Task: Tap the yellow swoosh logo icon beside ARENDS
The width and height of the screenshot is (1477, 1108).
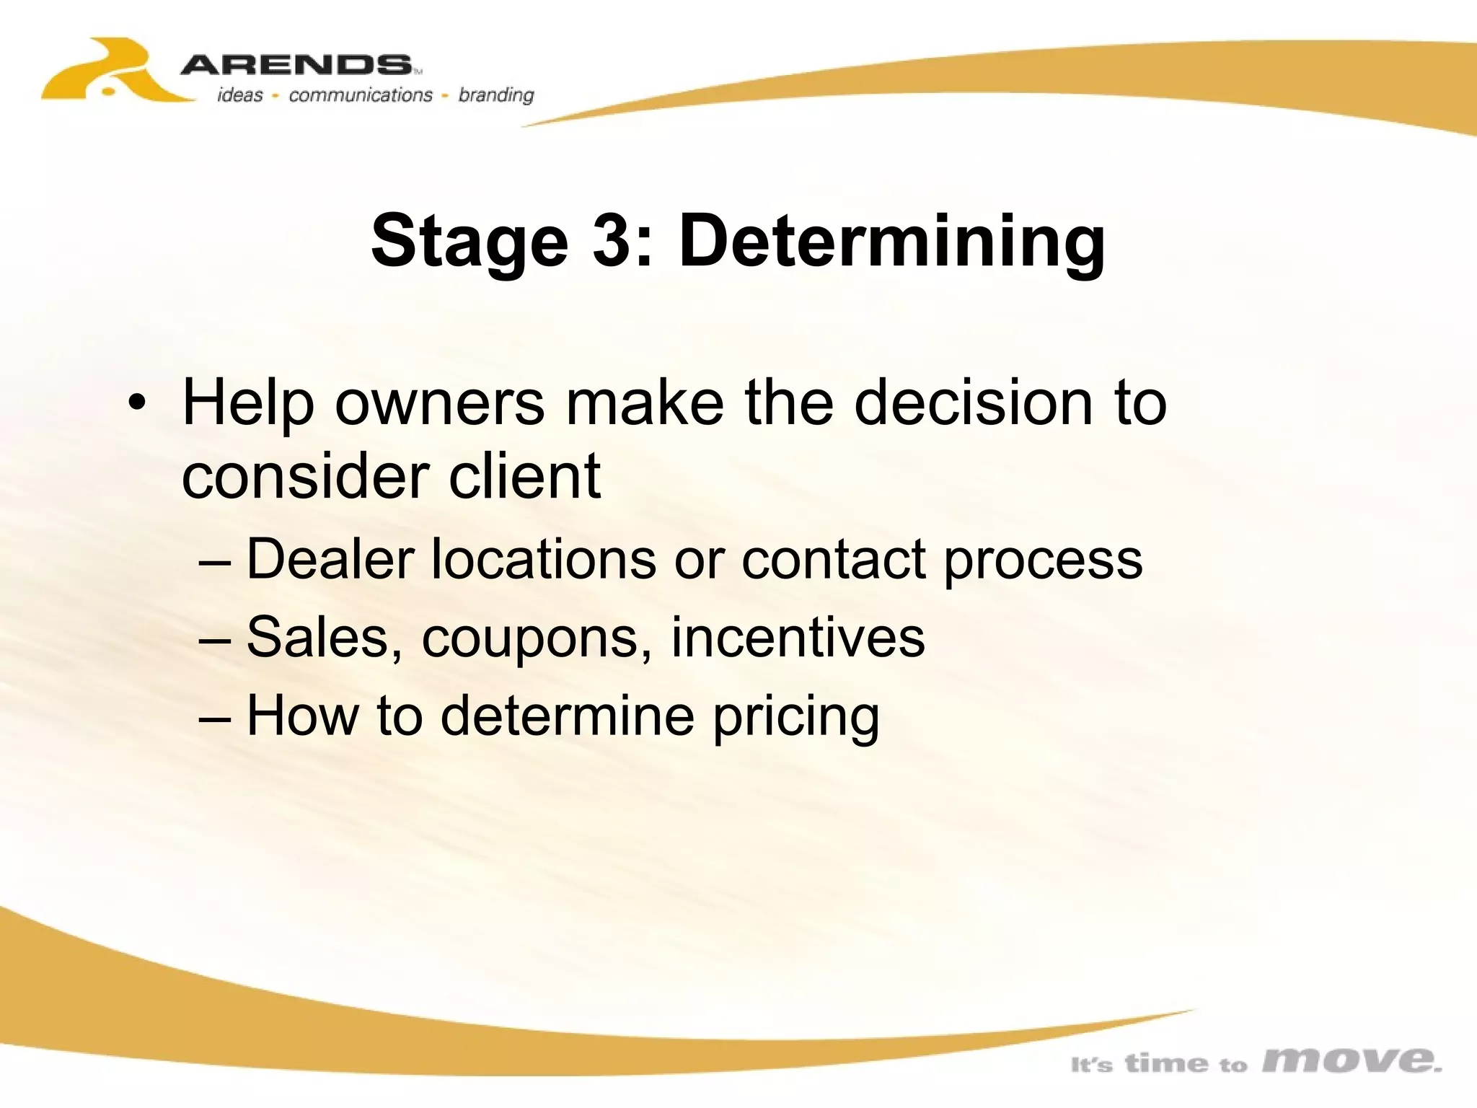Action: click(x=108, y=72)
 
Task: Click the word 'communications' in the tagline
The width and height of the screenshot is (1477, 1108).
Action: click(x=361, y=95)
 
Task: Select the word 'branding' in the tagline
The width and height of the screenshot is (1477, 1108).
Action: click(x=496, y=95)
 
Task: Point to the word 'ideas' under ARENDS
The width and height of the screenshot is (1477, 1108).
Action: click(x=240, y=95)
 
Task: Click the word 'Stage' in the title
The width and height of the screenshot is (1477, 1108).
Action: click(x=469, y=242)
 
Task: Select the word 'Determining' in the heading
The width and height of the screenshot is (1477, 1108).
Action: click(x=891, y=242)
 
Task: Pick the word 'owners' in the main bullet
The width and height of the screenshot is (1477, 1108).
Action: click(x=439, y=403)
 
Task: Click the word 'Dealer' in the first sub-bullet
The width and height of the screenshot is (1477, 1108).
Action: click(x=330, y=559)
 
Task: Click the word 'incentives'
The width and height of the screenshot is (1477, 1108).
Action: click(x=798, y=637)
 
